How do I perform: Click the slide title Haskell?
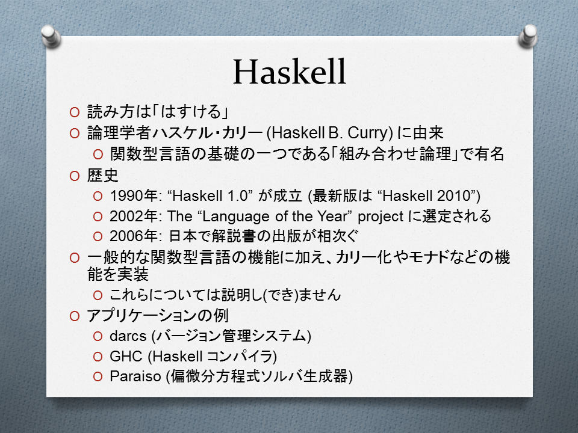tap(290, 72)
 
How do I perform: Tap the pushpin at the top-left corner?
tap(51, 36)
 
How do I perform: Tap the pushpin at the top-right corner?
tap(528, 36)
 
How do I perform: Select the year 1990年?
tap(134, 195)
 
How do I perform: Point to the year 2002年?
tap(134, 216)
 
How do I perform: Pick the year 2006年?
tap(134, 236)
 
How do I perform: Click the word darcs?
tap(128, 336)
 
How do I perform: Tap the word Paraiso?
tap(135, 376)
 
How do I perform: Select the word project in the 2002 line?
tap(381, 217)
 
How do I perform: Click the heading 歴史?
tap(102, 176)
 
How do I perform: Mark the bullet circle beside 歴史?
tap(75, 176)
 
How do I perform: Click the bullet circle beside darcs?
tap(98, 336)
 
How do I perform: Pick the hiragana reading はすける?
tap(191, 112)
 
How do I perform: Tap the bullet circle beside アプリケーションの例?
tap(75, 316)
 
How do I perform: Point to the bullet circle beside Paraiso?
tap(98, 376)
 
